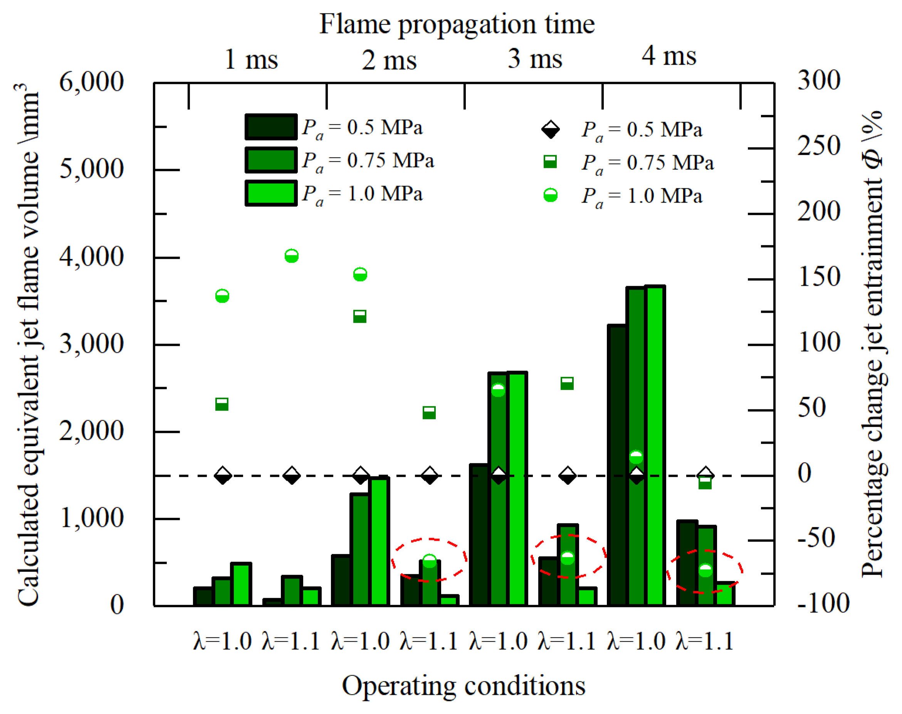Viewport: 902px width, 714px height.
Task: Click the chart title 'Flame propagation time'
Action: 457,24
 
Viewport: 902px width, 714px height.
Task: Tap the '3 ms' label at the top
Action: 535,59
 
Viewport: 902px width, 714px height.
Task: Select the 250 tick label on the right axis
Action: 818,146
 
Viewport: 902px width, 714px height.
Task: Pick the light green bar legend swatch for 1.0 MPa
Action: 271,193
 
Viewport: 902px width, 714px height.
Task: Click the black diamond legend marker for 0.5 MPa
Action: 550,129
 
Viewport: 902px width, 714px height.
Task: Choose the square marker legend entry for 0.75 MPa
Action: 550,162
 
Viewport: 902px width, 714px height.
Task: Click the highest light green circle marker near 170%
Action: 291,255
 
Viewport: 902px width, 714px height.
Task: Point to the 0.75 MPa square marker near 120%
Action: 359,317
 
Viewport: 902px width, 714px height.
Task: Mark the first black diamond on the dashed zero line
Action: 222,475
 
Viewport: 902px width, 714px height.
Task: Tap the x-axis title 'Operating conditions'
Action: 464,686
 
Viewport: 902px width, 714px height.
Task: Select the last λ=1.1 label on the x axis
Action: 704,641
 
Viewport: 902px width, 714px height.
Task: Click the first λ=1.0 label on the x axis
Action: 222,641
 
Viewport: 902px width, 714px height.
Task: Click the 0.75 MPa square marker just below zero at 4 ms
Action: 705,483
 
